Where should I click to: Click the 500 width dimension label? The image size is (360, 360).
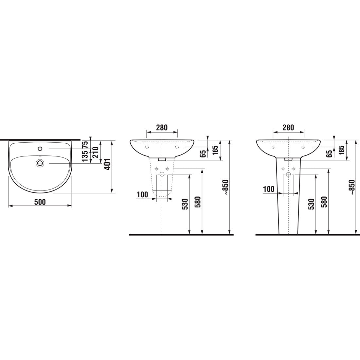(40, 202)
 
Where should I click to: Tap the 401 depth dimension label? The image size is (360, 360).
(107, 164)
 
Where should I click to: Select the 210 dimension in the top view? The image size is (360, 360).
(95, 152)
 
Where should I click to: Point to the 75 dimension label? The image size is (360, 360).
(85, 144)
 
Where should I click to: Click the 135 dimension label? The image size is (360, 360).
(85, 155)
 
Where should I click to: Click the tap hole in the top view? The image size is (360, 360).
(40, 149)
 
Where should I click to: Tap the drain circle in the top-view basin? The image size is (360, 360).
(40, 163)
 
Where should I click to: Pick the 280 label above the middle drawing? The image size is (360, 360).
(162, 127)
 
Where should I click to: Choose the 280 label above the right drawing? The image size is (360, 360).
(288, 127)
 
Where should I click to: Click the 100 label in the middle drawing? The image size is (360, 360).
(142, 195)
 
